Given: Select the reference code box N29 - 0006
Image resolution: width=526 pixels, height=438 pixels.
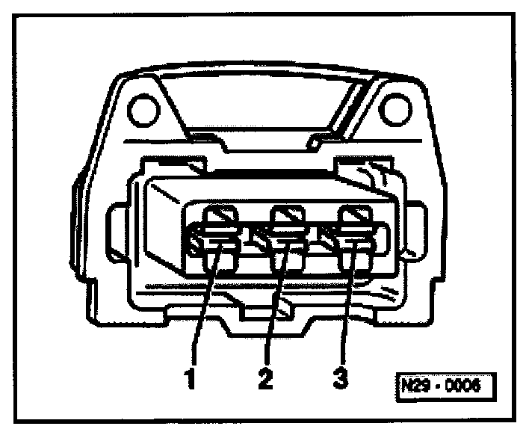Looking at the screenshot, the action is (x=445, y=388).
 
